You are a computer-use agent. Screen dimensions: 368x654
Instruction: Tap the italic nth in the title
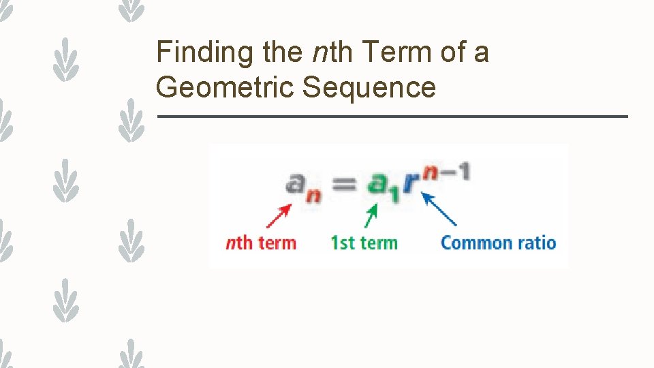329,52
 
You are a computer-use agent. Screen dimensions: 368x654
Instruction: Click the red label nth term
261,243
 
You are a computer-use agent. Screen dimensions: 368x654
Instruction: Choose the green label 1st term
364,243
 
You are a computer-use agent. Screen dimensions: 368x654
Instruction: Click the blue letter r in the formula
411,183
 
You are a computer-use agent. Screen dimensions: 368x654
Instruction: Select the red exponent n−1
447,170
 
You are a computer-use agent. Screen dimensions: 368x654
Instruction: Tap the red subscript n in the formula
314,196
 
